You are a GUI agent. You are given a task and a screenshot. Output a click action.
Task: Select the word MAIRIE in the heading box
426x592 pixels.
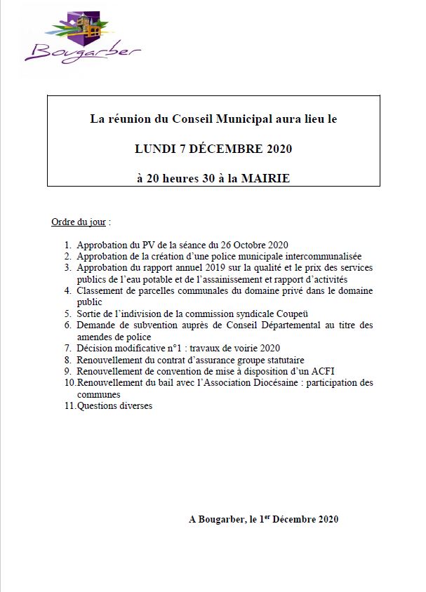[265, 178]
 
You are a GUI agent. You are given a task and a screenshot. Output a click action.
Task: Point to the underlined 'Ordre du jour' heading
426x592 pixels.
[79, 222]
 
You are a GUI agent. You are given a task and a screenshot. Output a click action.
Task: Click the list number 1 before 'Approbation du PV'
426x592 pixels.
[68, 245]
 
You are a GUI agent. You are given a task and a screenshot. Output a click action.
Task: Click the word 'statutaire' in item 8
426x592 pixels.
[284, 360]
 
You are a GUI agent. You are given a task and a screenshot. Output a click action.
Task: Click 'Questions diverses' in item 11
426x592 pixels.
[114, 405]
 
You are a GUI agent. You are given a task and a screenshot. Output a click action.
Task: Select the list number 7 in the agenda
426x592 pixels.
[68, 348]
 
